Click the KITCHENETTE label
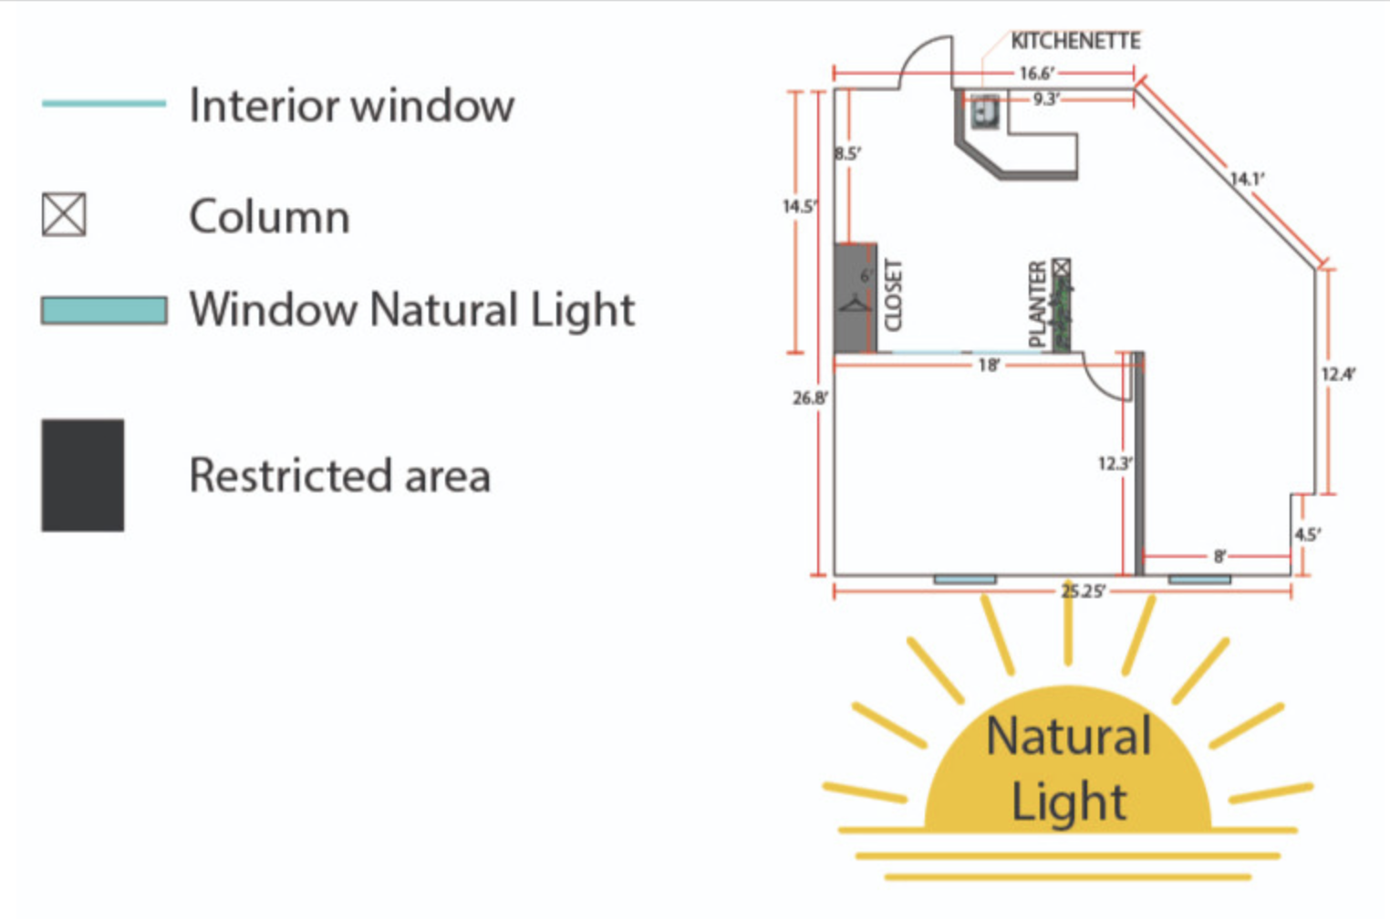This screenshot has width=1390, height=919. [1076, 41]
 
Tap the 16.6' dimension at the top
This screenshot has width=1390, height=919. [1037, 74]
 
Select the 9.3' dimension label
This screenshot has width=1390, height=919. [1046, 99]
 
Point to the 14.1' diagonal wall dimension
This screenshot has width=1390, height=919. [1248, 180]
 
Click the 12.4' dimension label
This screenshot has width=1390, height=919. [1339, 375]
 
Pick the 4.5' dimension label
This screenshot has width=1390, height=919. [1308, 534]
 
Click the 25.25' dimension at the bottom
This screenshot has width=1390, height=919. [1083, 592]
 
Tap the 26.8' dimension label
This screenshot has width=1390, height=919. [810, 398]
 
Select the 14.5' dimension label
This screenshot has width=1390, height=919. [800, 206]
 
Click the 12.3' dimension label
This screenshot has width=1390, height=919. [1115, 464]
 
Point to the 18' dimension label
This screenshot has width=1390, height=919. [989, 366]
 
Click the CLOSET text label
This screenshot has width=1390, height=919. [892, 295]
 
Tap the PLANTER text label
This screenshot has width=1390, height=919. [1038, 304]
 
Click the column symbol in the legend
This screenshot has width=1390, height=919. [64, 214]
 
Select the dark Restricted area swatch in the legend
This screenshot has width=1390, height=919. [82, 475]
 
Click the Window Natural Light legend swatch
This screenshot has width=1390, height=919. [104, 310]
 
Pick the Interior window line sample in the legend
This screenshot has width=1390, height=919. [104, 104]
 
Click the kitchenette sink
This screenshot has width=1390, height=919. [984, 111]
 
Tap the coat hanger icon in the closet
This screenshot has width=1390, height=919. [855, 304]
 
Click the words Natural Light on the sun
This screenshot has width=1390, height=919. [1069, 769]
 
